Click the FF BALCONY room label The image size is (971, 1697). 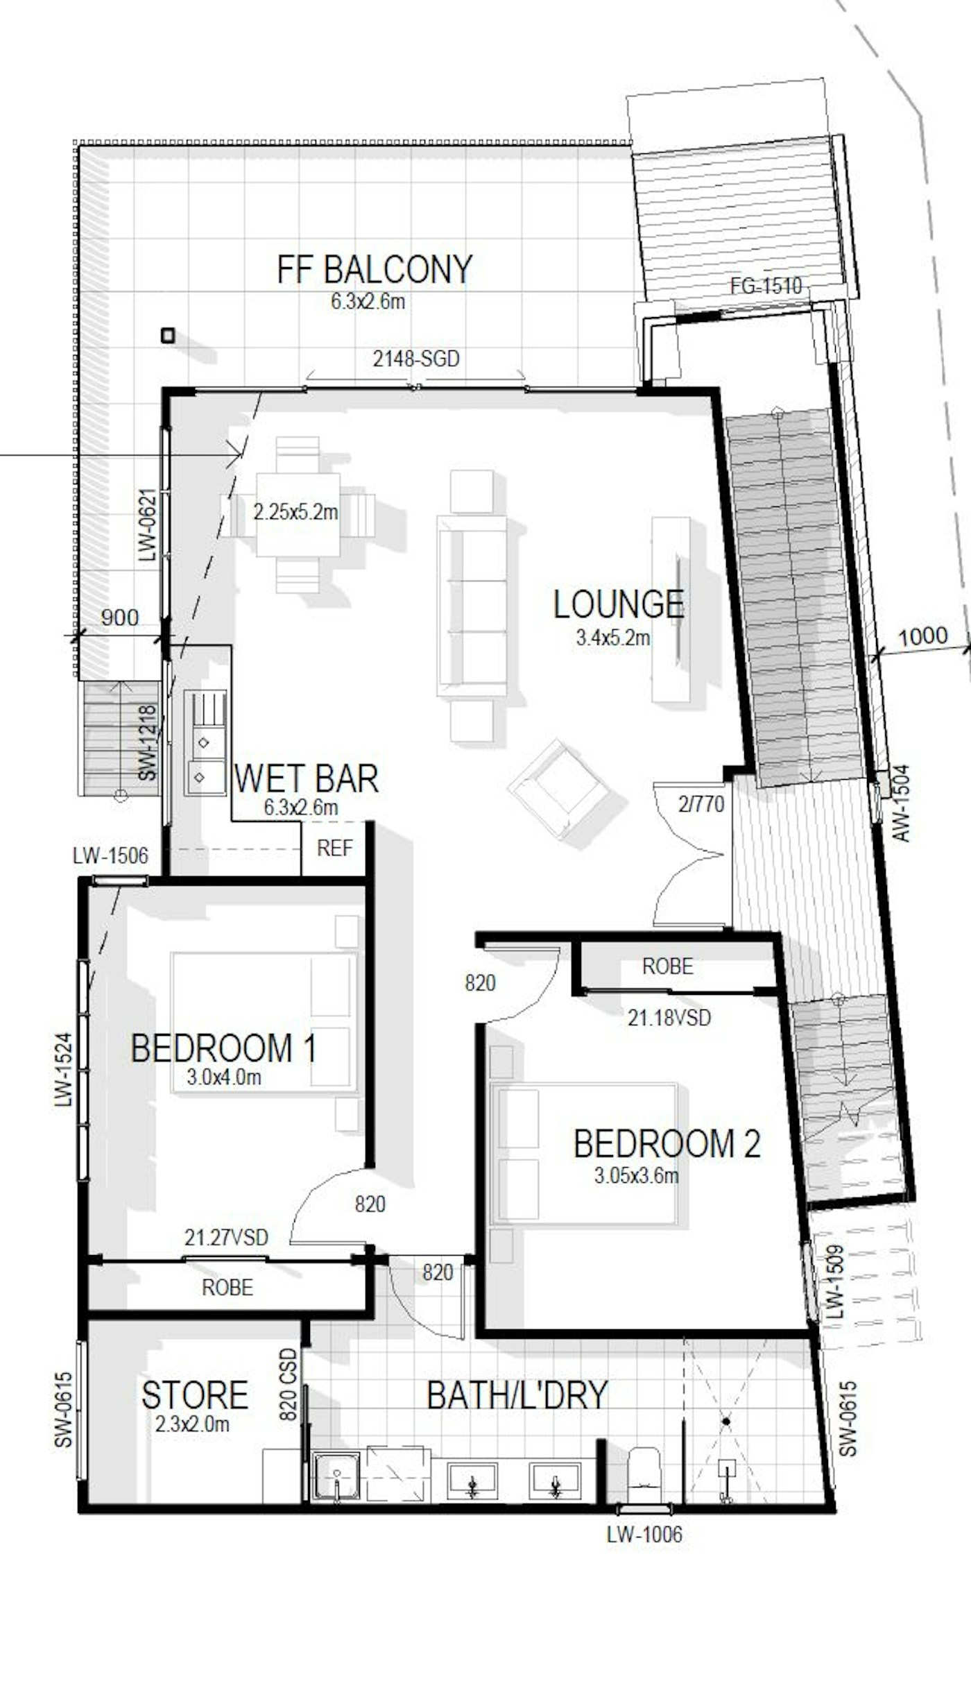375,270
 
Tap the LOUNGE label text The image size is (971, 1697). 619,604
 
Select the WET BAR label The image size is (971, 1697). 306,778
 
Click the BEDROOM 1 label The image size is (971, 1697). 223,1048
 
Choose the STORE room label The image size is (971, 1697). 195,1395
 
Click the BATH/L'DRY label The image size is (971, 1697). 517,1395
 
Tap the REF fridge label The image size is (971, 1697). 334,848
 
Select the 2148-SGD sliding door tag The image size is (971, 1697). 416,359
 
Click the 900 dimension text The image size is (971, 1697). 119,617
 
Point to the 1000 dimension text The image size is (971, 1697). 922,636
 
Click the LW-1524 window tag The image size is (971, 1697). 65,1069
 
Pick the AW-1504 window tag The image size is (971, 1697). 900,803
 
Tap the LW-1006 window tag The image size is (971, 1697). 644,1534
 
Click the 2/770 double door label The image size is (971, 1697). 701,804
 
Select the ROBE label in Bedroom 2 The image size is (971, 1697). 668,966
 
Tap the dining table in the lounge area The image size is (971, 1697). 298,514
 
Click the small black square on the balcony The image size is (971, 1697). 167,336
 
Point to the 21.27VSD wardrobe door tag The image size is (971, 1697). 226,1237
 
